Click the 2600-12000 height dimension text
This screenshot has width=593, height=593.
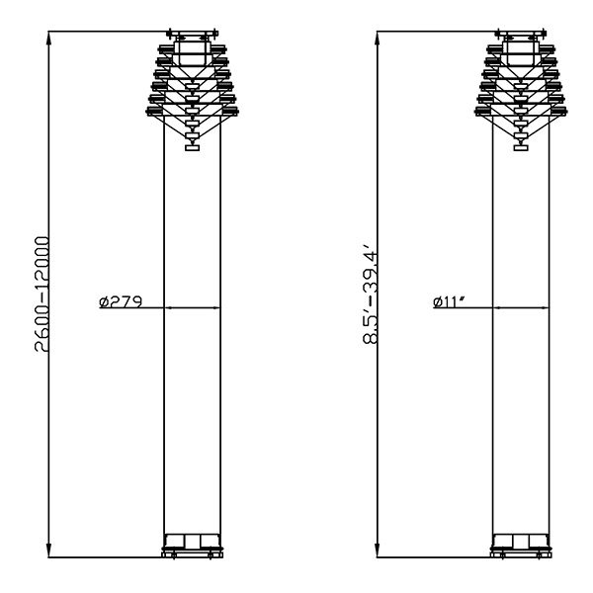click(42, 295)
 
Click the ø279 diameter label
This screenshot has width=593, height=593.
click(121, 301)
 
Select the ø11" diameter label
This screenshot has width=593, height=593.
click(449, 301)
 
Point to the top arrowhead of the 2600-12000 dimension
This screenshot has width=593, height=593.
click(48, 37)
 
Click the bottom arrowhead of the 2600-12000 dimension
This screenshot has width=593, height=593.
click(48, 551)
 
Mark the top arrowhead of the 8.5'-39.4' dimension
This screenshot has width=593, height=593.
click(378, 37)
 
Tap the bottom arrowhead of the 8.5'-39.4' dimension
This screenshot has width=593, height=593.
click(378, 551)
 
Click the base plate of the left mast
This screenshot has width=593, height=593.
click(192, 554)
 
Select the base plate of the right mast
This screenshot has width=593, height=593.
click(521, 554)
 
